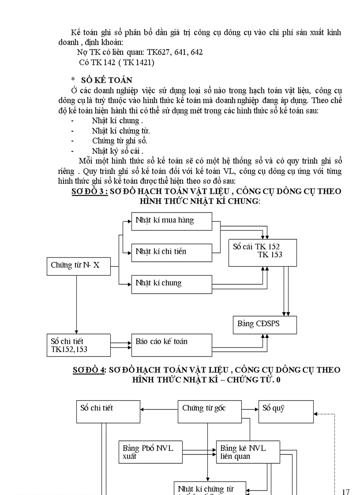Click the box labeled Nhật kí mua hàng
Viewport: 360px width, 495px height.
(x=171, y=221)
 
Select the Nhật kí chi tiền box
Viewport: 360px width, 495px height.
(x=171, y=252)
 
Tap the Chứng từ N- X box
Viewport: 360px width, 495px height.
(x=79, y=266)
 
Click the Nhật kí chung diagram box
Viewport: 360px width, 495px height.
(x=171, y=284)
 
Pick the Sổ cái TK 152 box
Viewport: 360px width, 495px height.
(x=262, y=252)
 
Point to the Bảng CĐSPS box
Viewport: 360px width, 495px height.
(x=264, y=324)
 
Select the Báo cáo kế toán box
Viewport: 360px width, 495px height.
(x=171, y=345)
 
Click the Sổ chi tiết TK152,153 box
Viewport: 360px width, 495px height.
(x=79, y=345)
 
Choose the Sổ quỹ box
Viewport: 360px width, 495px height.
(x=286, y=412)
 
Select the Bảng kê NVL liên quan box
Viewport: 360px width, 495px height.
(x=247, y=452)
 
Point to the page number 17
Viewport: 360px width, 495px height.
(x=345, y=491)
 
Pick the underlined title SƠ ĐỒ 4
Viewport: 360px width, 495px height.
(x=89, y=370)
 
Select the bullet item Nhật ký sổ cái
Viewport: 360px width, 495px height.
(x=118, y=151)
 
